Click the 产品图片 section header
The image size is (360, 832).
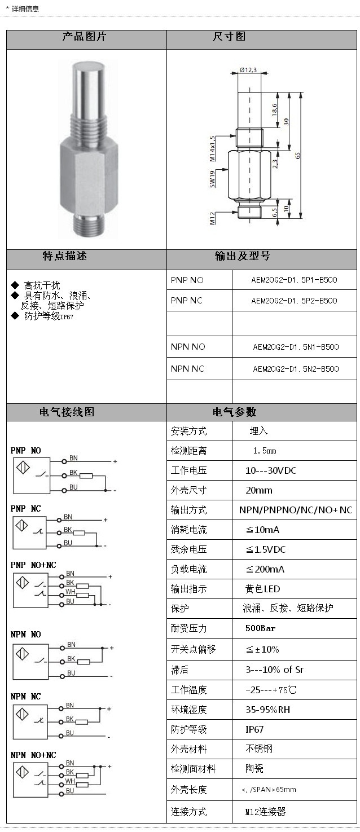coord(86,38)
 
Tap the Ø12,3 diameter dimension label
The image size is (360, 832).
coord(249,70)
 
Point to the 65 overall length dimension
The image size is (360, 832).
coord(297,155)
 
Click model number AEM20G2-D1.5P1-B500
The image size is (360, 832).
coord(294,280)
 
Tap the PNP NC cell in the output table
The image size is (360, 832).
coord(187,301)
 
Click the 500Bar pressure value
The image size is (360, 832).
coord(260,628)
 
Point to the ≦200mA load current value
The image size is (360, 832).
coord(265,569)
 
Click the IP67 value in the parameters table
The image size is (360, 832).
coord(254,729)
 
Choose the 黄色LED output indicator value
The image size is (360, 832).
coord(262,589)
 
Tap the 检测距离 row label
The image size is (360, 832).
coord(189,451)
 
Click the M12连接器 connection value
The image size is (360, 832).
coord(265,812)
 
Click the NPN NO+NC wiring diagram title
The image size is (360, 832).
coord(33,755)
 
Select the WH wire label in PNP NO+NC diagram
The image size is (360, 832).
coord(71,592)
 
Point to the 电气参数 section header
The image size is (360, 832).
coord(235,412)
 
